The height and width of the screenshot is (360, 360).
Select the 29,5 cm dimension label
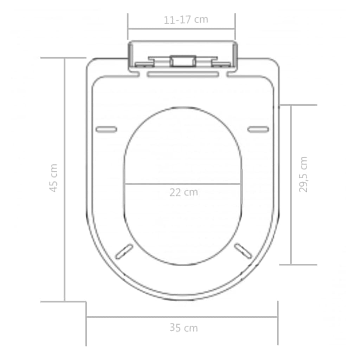pos(303,174)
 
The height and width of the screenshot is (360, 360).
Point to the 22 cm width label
pos(184,193)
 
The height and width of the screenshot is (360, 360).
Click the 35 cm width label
pos(184,328)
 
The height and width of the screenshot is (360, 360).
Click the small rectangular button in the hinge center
pos(182,60)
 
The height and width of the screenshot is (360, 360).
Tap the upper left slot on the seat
pos(106,129)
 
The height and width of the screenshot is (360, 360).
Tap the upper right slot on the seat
pos(258,129)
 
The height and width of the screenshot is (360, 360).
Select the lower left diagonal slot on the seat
pos(124,251)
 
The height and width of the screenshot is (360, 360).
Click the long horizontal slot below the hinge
pos(182,74)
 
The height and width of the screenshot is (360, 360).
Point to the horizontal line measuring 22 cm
pos(182,184)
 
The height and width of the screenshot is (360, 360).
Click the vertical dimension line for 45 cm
pos(65,179)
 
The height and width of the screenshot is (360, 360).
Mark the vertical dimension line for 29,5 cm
pos(291,185)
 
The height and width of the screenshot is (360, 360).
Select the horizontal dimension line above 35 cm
pos(182,317)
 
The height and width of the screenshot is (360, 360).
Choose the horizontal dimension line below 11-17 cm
pos(181,29)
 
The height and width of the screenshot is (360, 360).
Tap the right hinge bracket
pos(221,63)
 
